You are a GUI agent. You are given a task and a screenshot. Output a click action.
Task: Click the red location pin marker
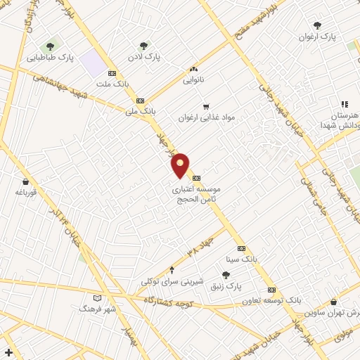(x=181, y=165)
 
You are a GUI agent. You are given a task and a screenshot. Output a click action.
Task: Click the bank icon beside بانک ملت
(x=112, y=74)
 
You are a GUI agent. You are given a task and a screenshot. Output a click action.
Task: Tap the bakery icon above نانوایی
(x=193, y=70)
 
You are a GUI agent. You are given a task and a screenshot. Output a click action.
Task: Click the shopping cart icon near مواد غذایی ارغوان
(x=206, y=107)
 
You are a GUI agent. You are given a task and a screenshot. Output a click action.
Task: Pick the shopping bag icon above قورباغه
(x=25, y=181)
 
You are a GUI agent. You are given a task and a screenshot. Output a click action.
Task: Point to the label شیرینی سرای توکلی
(x=172, y=281)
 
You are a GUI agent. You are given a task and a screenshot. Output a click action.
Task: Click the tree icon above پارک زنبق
(x=225, y=275)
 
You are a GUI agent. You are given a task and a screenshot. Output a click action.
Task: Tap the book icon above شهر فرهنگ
(x=97, y=298)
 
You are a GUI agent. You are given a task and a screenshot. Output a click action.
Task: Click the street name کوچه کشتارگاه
(x=168, y=300)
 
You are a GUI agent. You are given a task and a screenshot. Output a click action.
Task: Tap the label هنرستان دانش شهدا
(x=342, y=119)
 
